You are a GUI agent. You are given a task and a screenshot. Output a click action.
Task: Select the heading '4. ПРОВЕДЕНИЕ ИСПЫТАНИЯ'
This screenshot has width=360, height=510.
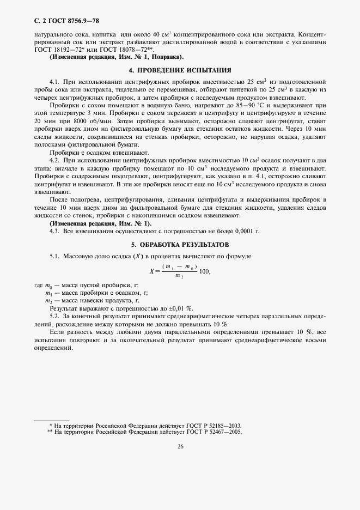(x=180, y=70)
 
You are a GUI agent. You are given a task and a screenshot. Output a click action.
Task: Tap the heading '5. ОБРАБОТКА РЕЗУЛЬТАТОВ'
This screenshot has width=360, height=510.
(x=180, y=244)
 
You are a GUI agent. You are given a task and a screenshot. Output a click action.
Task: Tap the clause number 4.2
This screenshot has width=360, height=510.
(x=54, y=161)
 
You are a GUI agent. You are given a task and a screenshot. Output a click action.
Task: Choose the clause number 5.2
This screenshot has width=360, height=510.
(x=54, y=316)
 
